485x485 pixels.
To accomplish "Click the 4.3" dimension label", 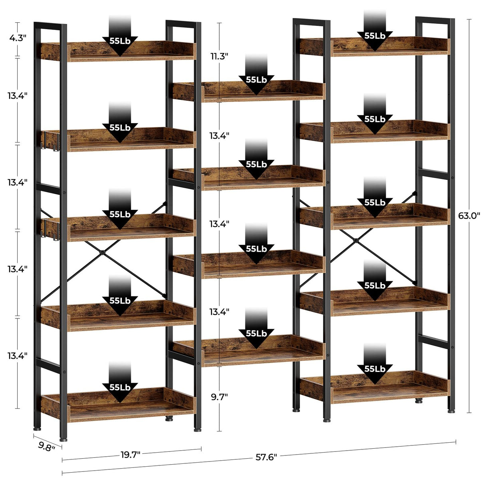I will (18, 38).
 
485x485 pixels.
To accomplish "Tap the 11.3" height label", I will (219, 56).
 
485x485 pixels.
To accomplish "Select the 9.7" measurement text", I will (219, 397).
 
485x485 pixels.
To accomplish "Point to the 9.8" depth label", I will (47, 446).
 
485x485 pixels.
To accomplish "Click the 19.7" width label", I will (130, 454).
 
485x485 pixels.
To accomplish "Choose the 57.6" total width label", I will (266, 457).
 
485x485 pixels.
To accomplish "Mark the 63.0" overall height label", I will (469, 216).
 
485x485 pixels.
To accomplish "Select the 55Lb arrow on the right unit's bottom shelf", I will (375, 369).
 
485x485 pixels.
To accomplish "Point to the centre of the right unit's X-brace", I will (355, 241).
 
